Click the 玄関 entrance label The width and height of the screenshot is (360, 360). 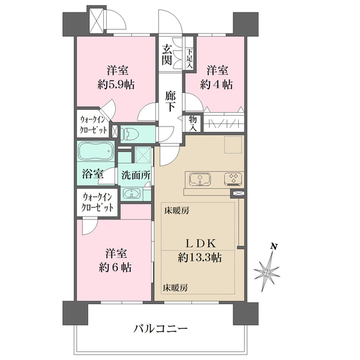coord(167,55)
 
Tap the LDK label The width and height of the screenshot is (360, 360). coord(199,243)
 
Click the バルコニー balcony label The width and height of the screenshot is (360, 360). coord(160,328)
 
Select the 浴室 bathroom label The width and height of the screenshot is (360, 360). coord(92,175)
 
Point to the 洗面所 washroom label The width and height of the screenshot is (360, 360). coord(136,175)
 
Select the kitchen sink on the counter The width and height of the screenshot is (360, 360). coord(199,179)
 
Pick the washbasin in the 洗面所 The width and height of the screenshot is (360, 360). coord(132,194)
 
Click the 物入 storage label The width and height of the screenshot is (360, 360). coord(193,123)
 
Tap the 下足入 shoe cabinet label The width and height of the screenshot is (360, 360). coord(190,58)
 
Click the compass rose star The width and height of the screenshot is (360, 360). coord(268,272)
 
